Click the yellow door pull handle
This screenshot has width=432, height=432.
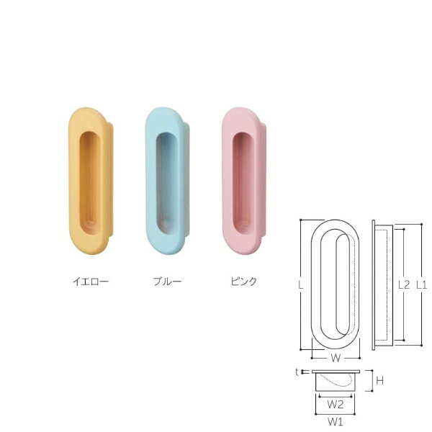(x=91, y=181)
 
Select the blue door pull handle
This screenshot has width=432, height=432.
(x=167, y=181)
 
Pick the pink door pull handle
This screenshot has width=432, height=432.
(x=244, y=181)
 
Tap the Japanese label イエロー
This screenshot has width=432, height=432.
(x=91, y=282)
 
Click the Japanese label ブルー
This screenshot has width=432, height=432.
(x=167, y=282)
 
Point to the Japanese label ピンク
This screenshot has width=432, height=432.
(x=244, y=282)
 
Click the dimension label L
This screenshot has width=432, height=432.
(x=301, y=285)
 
